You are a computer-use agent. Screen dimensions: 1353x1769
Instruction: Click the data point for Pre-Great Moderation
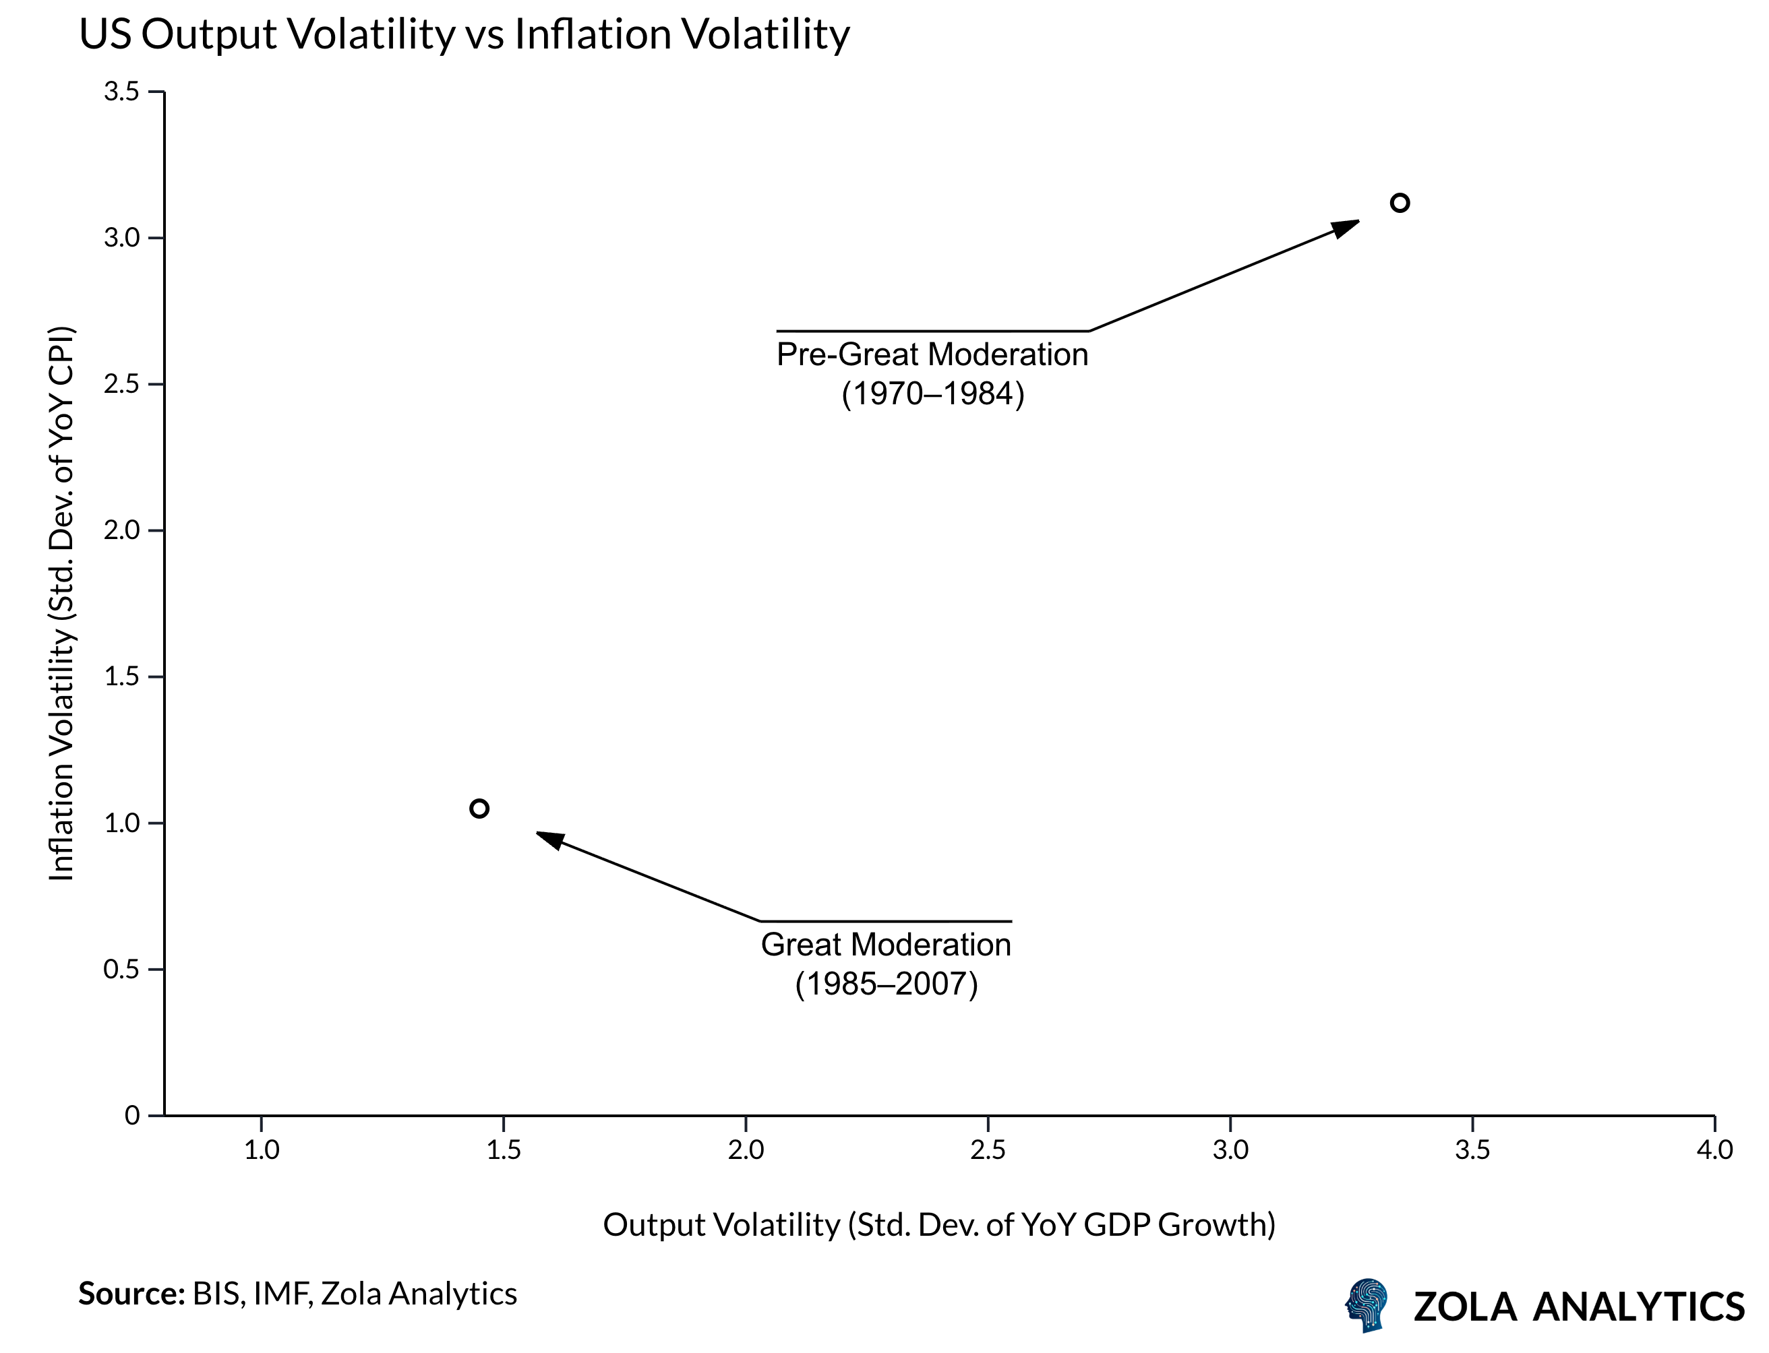click(x=1400, y=203)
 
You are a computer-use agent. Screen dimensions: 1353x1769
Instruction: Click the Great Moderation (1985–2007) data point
click(x=479, y=809)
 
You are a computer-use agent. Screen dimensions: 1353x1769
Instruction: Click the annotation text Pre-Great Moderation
click(x=932, y=355)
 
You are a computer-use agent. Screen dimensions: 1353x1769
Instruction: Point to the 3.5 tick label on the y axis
click(x=121, y=92)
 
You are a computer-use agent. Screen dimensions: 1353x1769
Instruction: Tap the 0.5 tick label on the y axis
click(x=121, y=970)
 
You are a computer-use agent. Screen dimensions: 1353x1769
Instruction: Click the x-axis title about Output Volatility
click(x=938, y=1225)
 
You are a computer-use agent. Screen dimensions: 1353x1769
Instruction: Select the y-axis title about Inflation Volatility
click(x=61, y=604)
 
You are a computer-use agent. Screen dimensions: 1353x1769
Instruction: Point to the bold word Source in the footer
click(x=131, y=1294)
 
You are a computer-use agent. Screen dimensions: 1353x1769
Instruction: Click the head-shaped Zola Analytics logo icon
click(x=1367, y=1304)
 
